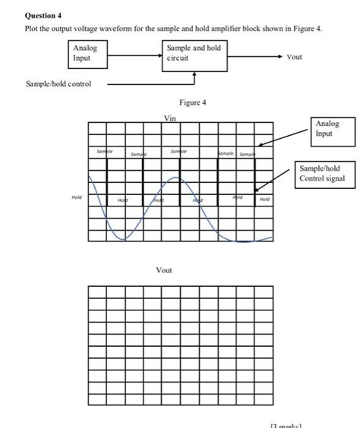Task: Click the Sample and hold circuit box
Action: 194,53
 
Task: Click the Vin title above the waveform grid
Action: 169,118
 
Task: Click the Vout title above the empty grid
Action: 163,270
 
